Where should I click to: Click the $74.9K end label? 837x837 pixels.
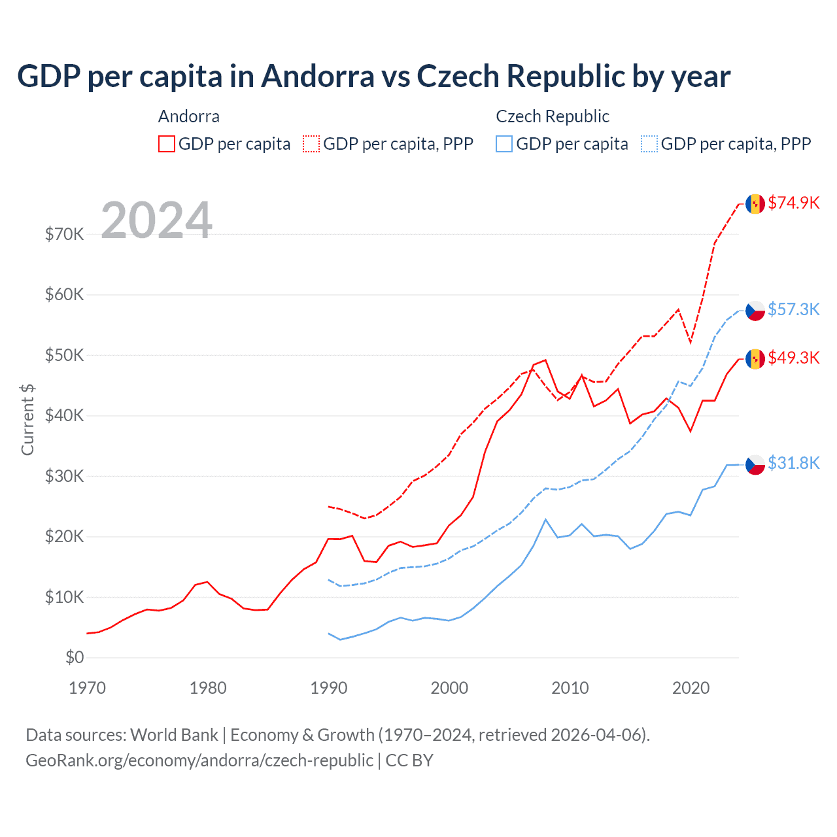[x=793, y=203]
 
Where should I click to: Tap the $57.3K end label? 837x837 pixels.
[x=793, y=309]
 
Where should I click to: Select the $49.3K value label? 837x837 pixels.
[x=793, y=358]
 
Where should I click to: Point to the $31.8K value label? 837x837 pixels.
[x=793, y=463]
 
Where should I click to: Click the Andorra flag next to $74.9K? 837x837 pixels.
[x=755, y=203]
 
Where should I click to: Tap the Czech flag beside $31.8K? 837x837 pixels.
[x=755, y=464]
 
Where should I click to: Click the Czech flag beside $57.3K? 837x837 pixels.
[x=755, y=311]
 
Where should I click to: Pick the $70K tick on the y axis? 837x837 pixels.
[x=64, y=234]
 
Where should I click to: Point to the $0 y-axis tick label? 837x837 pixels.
[x=75, y=657]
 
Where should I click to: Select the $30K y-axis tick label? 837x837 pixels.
[x=64, y=476]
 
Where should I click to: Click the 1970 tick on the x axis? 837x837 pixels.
[x=87, y=688]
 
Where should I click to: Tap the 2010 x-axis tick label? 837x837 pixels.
[x=570, y=688]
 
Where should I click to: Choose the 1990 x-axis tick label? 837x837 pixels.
[x=329, y=688]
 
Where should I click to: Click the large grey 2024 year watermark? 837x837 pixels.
[x=156, y=220]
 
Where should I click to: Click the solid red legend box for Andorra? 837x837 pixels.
[x=167, y=144]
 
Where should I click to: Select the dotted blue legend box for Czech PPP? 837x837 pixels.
[x=649, y=144]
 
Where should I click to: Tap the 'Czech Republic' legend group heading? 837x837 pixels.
[x=553, y=116]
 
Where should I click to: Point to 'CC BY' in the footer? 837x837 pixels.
[x=409, y=760]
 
